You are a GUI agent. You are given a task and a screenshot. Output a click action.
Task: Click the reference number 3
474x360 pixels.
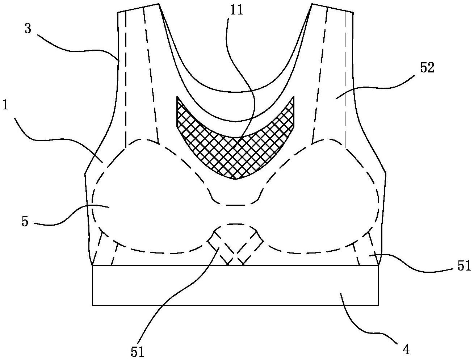[28, 29]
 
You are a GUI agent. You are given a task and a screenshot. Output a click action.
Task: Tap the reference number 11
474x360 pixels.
[237, 10]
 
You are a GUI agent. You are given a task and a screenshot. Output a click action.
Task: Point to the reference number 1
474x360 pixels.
[5, 105]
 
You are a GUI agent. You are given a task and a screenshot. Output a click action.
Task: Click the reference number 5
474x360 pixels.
[25, 221]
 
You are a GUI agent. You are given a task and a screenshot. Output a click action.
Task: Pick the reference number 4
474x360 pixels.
[406, 349]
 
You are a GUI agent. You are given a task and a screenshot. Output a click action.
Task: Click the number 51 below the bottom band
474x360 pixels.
[137, 352]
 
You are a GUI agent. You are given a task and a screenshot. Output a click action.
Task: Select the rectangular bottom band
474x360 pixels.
[235, 285]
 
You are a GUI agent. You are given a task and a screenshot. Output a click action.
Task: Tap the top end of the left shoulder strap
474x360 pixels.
[138, 8]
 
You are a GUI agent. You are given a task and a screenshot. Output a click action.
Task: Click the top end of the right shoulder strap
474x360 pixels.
[332, 8]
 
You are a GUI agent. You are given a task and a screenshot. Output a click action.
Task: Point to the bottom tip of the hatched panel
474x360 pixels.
[235, 179]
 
